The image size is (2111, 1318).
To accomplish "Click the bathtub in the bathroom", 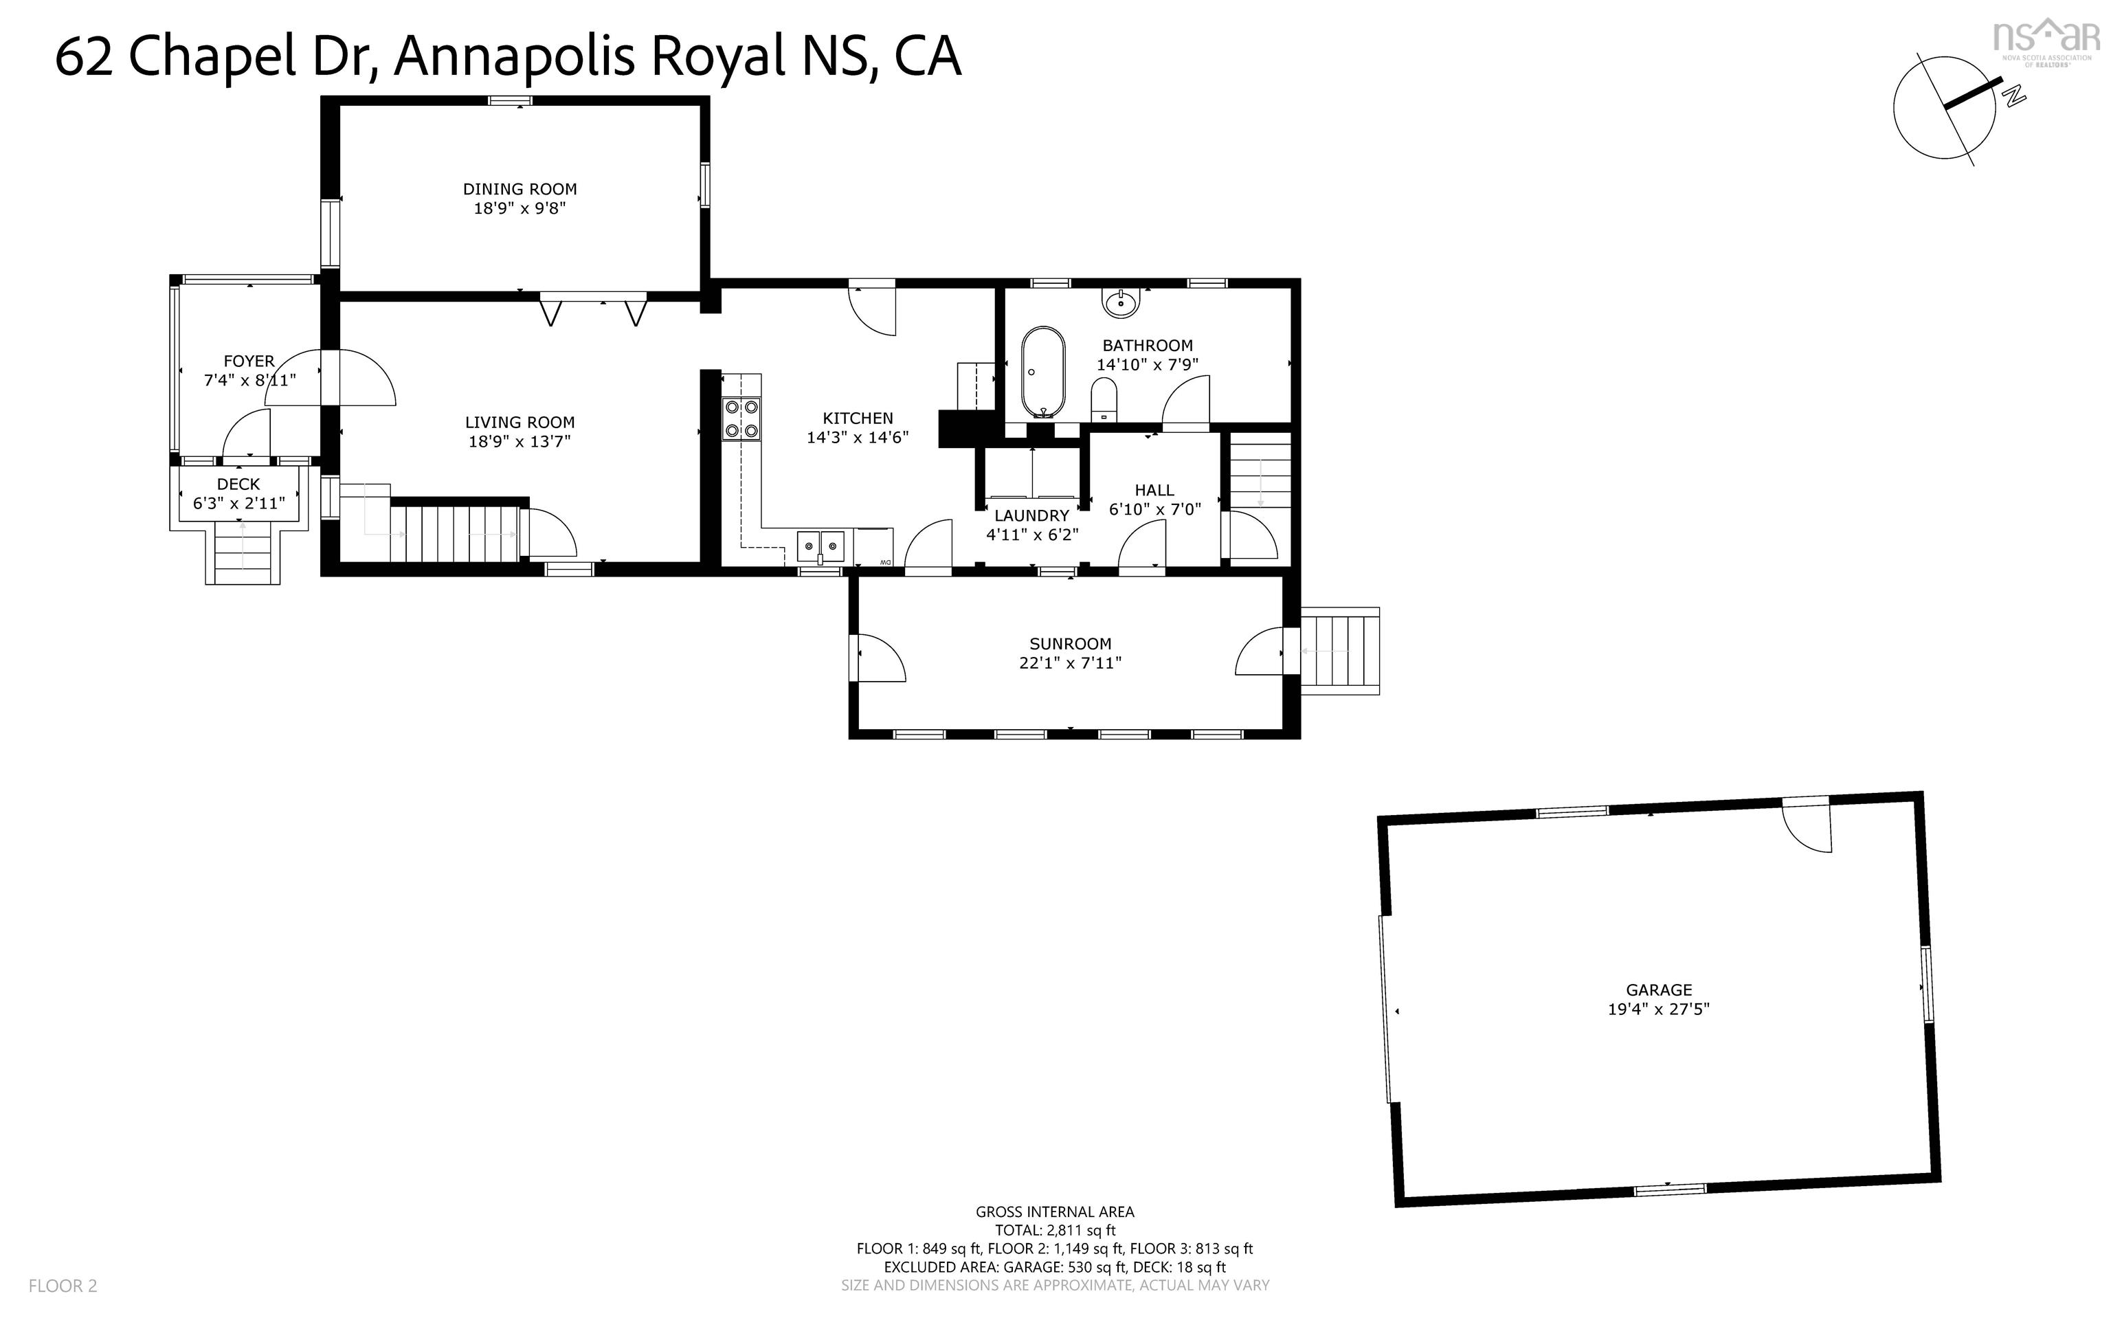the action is point(1042,372).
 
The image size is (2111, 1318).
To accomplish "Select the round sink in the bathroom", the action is point(1120,302).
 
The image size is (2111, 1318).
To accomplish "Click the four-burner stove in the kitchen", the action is point(741,418).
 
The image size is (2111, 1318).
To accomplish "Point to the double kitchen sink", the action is point(820,546).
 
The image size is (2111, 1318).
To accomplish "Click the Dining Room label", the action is point(520,189).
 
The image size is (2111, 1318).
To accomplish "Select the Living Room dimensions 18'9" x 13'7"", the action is point(520,441).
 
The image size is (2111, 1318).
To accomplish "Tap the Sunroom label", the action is point(1071,644).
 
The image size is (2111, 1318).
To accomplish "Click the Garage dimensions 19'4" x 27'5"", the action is point(1659,1009).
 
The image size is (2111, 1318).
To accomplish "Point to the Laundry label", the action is point(1032,515).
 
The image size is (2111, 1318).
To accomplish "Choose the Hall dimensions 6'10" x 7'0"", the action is point(1155,509).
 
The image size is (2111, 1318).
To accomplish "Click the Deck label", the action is point(239,484).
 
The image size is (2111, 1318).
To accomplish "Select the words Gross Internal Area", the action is point(1055,1211).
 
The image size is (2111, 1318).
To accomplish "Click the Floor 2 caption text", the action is point(63,1286).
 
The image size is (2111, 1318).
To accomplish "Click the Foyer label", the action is point(249,361).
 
